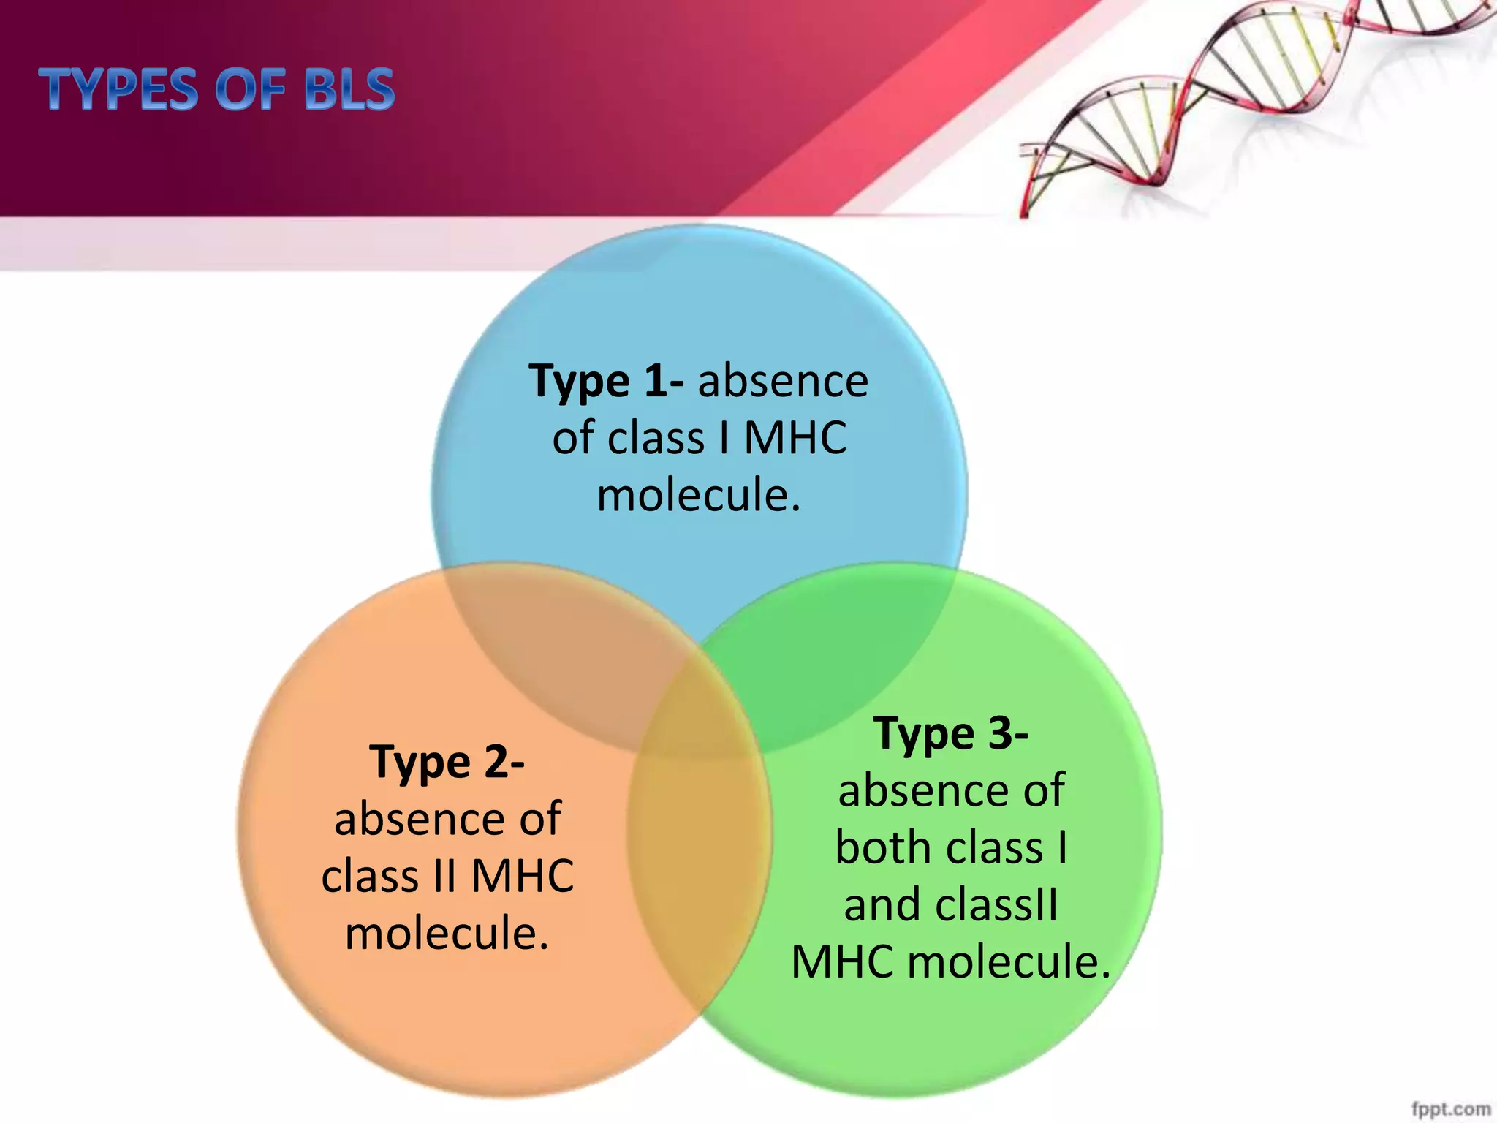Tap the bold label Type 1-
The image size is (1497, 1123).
pyautogui.click(x=606, y=381)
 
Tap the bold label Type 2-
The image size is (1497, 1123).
pyautogui.click(x=447, y=762)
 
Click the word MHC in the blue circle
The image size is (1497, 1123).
pyautogui.click(x=795, y=438)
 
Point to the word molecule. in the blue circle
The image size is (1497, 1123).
pyautogui.click(x=699, y=495)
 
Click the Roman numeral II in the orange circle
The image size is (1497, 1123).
pyautogui.click(x=444, y=876)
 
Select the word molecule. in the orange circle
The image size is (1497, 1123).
pyautogui.click(x=447, y=934)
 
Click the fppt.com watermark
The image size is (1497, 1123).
pyautogui.click(x=1451, y=1109)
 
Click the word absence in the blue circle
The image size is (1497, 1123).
pyautogui.click(x=783, y=381)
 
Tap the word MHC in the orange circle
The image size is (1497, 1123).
pyautogui.click(x=523, y=876)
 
